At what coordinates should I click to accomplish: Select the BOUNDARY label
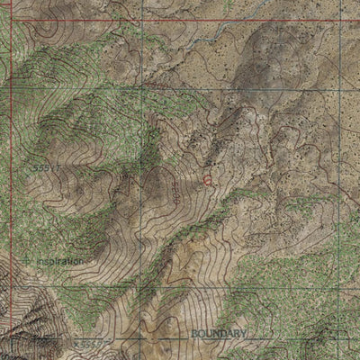[218, 333]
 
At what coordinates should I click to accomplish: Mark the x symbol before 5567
[78, 343]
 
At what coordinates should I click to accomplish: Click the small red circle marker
[207, 180]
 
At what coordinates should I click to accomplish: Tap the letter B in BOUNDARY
[194, 333]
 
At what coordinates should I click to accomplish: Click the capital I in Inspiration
[39, 261]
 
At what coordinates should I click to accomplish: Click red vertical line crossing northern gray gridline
[12, 89]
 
